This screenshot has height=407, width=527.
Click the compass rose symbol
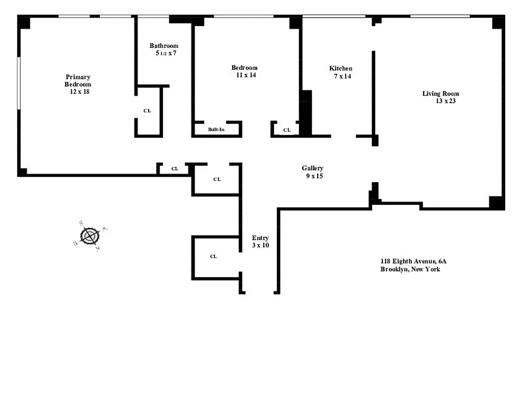click(90, 236)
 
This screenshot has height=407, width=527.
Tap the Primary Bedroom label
click(78, 80)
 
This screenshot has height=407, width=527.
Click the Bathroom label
click(164, 46)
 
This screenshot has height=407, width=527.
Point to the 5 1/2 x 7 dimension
click(166, 53)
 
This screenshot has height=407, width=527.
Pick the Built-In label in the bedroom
click(216, 130)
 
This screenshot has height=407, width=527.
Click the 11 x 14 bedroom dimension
click(245, 75)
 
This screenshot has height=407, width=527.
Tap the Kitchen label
click(341, 68)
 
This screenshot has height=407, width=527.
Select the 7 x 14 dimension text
click(342, 76)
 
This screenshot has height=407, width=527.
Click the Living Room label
click(440, 94)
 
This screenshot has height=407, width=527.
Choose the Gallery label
click(312, 168)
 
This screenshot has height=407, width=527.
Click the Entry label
click(260, 238)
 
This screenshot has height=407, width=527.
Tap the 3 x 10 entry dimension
click(260, 245)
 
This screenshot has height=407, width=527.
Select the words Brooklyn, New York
click(410, 269)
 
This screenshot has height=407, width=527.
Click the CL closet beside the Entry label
click(213, 256)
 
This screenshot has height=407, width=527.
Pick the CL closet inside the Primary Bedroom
click(147, 111)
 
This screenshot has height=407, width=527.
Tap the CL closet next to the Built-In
click(287, 130)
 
